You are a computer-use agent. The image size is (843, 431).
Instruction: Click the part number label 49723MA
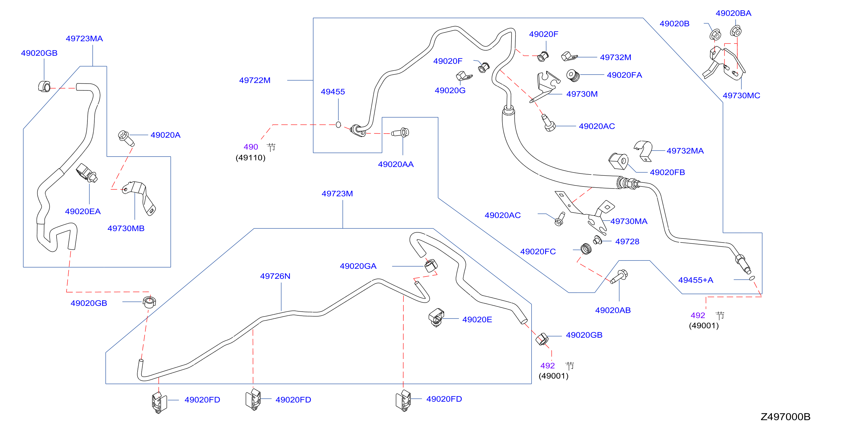[x=84, y=39]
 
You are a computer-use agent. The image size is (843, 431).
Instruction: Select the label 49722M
[x=255, y=80]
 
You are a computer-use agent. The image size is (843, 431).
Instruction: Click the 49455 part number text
[x=333, y=92]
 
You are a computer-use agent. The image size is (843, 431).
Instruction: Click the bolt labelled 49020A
[x=126, y=138]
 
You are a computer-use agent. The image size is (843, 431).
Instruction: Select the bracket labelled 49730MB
[x=139, y=197]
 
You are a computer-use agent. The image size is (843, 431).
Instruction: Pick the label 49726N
[x=275, y=276]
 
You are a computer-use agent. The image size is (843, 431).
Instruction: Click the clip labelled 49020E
[x=436, y=317]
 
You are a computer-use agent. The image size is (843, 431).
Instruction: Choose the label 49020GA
[x=358, y=266]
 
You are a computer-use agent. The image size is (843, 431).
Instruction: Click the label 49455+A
[x=696, y=280]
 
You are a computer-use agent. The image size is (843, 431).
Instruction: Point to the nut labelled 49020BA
[x=736, y=31]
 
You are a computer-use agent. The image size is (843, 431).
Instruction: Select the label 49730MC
[x=741, y=96]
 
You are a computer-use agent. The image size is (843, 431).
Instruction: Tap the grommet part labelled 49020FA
[x=573, y=75]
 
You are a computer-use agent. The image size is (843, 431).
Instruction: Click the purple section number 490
[x=251, y=147]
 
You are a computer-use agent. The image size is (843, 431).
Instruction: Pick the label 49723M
[x=337, y=193]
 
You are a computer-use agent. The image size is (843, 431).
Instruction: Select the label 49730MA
[x=629, y=221]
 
